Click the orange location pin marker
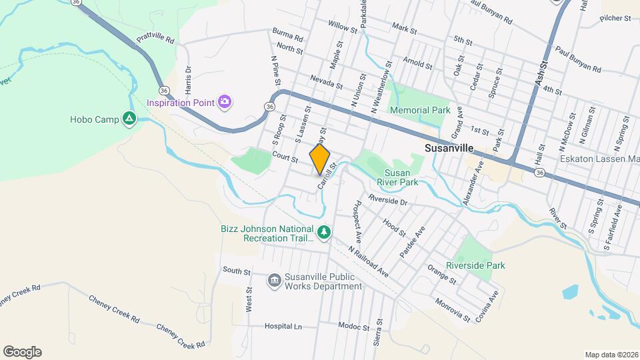click(x=320, y=159)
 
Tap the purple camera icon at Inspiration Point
click(x=225, y=102)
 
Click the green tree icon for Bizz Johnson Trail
click(x=324, y=232)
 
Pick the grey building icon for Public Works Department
click(x=274, y=281)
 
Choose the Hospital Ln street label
click(x=283, y=327)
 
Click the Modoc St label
click(x=353, y=327)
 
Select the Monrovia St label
click(x=453, y=307)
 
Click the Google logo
click(x=22, y=351)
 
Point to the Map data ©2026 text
click(x=611, y=355)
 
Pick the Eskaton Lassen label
click(x=599, y=159)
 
